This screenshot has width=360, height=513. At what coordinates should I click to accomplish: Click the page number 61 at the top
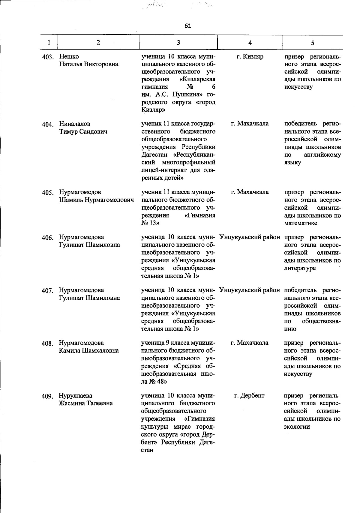pyautogui.click(x=188, y=26)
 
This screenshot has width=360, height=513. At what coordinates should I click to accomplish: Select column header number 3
pyautogui.click(x=178, y=43)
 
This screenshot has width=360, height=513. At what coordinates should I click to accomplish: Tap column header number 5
pyautogui.click(x=313, y=43)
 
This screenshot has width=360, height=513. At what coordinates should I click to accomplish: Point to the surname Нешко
pyautogui.click(x=69, y=56)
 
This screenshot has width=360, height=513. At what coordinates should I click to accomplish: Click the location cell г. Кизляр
pyautogui.click(x=250, y=56)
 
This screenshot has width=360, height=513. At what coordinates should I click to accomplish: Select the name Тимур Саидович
pyautogui.click(x=83, y=131)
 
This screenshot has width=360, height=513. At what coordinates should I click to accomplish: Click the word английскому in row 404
pyautogui.click(x=322, y=155)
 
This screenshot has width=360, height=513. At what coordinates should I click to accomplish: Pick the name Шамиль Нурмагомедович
pyautogui.click(x=96, y=200)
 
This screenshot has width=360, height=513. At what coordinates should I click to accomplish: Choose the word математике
pyautogui.click(x=301, y=223)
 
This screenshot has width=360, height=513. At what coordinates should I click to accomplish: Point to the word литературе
pyautogui.click(x=300, y=268)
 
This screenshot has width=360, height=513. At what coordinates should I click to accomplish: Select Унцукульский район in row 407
pyautogui.click(x=250, y=290)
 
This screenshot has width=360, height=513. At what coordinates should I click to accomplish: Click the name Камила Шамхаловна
pyautogui.click(x=89, y=350)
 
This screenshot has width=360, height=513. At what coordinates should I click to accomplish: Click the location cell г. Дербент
pyautogui.click(x=249, y=395)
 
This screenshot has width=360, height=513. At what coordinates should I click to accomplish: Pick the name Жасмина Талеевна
pyautogui.click(x=86, y=403)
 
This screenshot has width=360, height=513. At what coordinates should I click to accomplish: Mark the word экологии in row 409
pyautogui.click(x=297, y=427)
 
